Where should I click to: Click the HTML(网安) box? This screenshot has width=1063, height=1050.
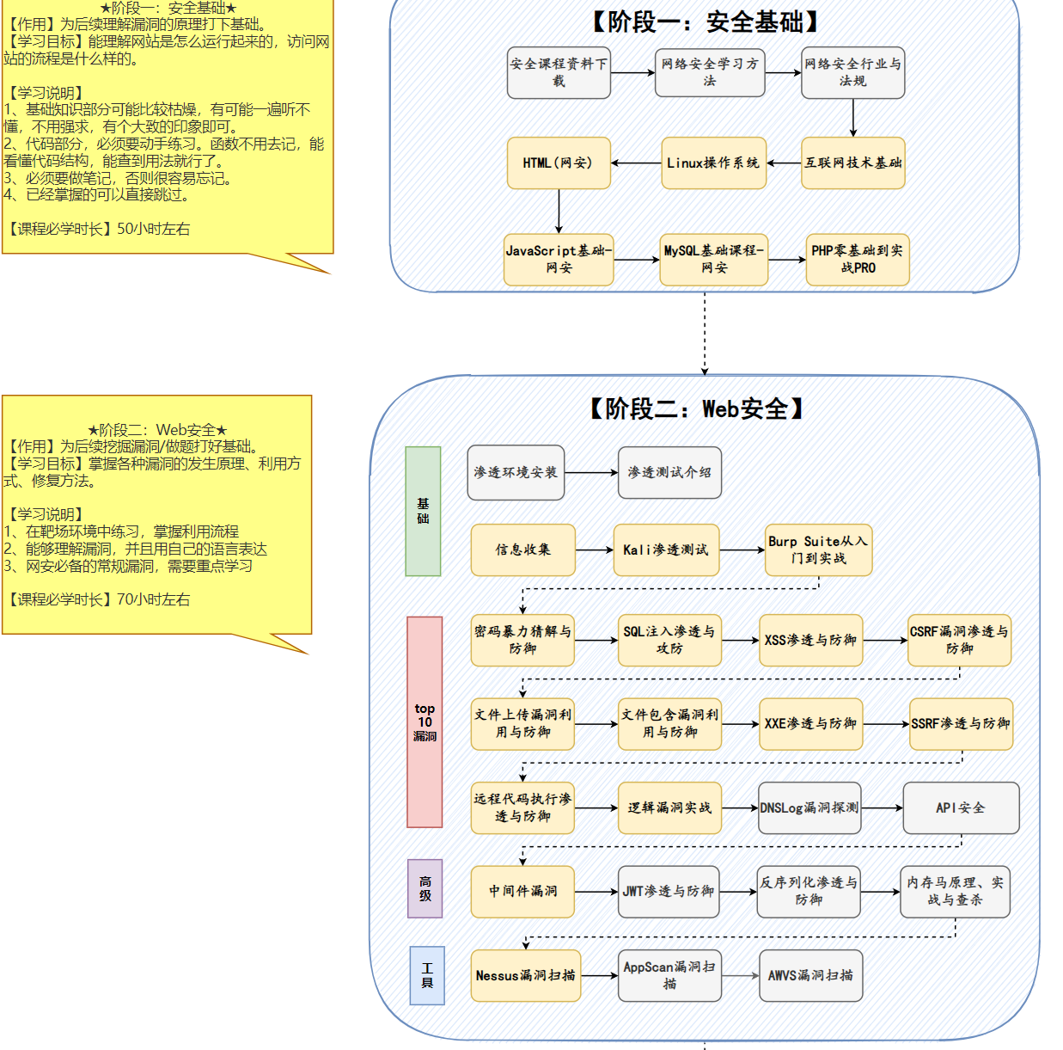click(x=559, y=163)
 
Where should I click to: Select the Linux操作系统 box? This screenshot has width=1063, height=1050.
click(x=713, y=163)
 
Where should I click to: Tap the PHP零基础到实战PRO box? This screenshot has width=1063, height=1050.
click(x=858, y=259)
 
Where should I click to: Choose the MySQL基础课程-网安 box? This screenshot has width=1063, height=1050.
click(x=713, y=259)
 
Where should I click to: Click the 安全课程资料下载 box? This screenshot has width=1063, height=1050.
click(x=559, y=72)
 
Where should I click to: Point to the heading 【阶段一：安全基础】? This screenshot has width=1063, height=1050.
click(x=706, y=21)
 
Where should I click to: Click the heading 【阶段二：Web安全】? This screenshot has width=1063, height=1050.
click(x=696, y=408)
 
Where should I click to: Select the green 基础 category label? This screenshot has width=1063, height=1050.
click(x=423, y=511)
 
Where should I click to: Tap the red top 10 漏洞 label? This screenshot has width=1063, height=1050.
click(x=425, y=721)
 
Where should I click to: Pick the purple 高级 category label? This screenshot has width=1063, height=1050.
click(x=425, y=888)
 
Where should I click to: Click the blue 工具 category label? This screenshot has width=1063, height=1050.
click(x=427, y=975)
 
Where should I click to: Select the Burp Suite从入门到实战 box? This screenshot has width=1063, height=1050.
click(x=818, y=550)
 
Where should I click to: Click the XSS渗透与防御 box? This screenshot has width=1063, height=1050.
click(x=810, y=640)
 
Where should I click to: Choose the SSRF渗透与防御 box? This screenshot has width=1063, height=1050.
click(x=960, y=723)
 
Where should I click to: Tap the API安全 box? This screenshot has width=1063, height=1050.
click(x=961, y=807)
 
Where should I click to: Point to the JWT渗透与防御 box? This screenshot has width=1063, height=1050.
click(x=669, y=891)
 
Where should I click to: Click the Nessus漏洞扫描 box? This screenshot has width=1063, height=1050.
click(x=525, y=975)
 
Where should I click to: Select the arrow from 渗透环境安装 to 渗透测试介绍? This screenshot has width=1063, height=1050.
click(x=591, y=472)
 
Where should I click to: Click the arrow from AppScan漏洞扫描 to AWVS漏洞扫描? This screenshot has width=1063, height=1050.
click(x=740, y=975)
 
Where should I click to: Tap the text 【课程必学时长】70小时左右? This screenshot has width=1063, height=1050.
click(x=98, y=599)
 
